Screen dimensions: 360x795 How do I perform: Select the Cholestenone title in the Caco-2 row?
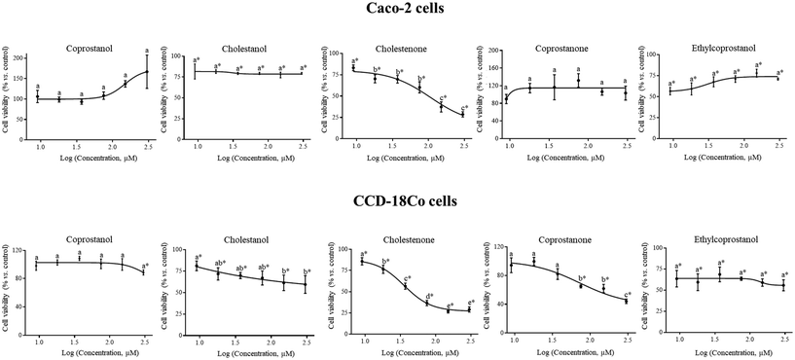(x=397, y=45)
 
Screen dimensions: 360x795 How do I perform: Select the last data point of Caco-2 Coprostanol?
(x=147, y=70)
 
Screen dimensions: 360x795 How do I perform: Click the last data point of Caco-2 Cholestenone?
(x=463, y=114)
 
